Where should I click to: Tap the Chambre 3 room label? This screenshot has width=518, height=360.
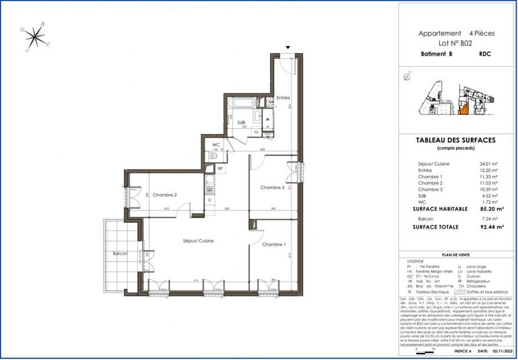pos(272,188)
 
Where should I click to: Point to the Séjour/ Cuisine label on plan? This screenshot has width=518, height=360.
pos(197,241)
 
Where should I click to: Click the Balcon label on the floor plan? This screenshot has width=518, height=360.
pos(118,253)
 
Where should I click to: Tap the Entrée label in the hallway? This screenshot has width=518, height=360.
pos(283,98)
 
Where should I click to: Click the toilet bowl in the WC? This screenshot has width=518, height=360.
pos(219,154)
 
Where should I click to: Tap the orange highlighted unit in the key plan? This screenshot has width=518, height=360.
pos(464,106)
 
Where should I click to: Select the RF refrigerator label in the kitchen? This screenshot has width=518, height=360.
pos(221,168)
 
